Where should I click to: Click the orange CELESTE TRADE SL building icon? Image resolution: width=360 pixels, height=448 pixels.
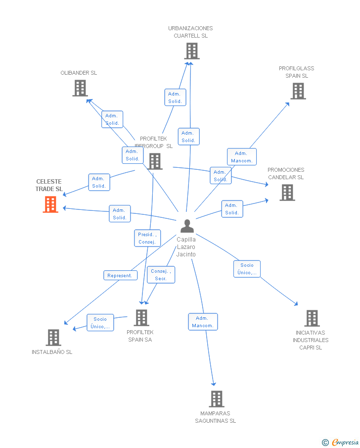(50, 204)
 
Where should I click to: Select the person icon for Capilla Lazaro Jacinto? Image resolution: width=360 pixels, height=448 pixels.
(187, 226)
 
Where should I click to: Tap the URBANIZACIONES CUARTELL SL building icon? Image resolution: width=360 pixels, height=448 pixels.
(191, 51)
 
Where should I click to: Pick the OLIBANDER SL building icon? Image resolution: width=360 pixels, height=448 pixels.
(80, 88)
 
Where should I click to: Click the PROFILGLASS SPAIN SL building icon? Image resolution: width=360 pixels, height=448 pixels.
(298, 91)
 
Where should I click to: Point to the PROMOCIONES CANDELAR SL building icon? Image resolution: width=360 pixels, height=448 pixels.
(287, 193)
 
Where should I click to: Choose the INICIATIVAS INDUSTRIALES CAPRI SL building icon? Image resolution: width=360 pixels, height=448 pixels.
(312, 318)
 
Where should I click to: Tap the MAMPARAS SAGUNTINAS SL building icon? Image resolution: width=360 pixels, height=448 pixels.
(216, 398)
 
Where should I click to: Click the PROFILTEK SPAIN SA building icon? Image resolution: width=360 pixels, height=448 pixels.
(141, 318)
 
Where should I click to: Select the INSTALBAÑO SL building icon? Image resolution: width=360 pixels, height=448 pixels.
(53, 337)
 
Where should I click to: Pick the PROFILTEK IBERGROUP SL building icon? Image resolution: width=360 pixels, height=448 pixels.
(155, 161)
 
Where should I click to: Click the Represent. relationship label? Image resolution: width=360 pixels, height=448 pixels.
(120, 275)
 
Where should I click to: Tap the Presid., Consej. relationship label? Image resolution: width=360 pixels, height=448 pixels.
(147, 238)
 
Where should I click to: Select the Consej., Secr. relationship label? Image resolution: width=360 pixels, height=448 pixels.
(161, 275)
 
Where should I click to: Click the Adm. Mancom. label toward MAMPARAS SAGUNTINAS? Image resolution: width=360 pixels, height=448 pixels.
(203, 322)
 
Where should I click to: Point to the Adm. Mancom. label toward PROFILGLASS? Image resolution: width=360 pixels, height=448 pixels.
(242, 157)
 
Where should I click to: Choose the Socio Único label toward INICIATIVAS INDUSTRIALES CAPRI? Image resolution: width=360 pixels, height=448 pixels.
(247, 269)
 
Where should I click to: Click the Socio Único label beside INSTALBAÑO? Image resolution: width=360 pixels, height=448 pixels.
(100, 323)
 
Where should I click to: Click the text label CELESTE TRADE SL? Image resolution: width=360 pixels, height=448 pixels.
(49, 185)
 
